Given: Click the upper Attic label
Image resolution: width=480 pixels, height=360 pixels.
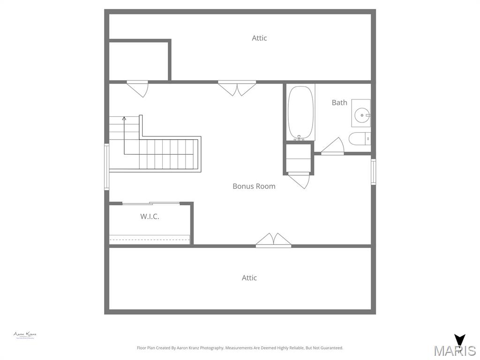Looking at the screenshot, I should click(x=259, y=38).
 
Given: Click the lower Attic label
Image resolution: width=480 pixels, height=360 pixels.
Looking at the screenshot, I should click(x=249, y=278).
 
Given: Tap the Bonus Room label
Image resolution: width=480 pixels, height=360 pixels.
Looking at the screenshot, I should click(x=254, y=186).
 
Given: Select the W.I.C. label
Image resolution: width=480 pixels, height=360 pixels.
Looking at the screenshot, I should click(x=150, y=217).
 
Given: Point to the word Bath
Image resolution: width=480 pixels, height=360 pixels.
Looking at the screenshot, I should click(x=339, y=103).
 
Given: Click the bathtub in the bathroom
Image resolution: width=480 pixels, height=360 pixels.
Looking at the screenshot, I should click(x=300, y=112).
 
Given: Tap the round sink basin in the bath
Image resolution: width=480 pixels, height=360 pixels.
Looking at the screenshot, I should click(x=362, y=114).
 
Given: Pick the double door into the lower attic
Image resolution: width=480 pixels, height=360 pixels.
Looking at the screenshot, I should click(x=273, y=240).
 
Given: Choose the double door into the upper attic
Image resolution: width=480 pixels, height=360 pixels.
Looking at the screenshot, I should click(x=237, y=88).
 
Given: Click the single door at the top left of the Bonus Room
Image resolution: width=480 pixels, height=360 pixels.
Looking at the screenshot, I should click(x=137, y=88).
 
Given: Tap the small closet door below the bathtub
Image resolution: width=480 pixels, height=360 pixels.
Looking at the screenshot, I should click(x=299, y=180).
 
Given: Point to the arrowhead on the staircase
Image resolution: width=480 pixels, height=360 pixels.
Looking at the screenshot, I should click(x=124, y=119).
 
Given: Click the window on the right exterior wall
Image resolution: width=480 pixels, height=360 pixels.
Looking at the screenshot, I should click(x=374, y=172).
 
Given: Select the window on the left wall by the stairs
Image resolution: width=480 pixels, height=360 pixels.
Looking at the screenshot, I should click(x=106, y=166).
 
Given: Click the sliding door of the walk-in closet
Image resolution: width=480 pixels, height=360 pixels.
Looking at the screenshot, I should click(x=151, y=203).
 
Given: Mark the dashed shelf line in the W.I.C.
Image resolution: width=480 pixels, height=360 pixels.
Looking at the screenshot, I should click(x=150, y=240).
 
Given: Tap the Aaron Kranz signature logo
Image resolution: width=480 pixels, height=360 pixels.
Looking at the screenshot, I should click(x=25, y=335).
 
